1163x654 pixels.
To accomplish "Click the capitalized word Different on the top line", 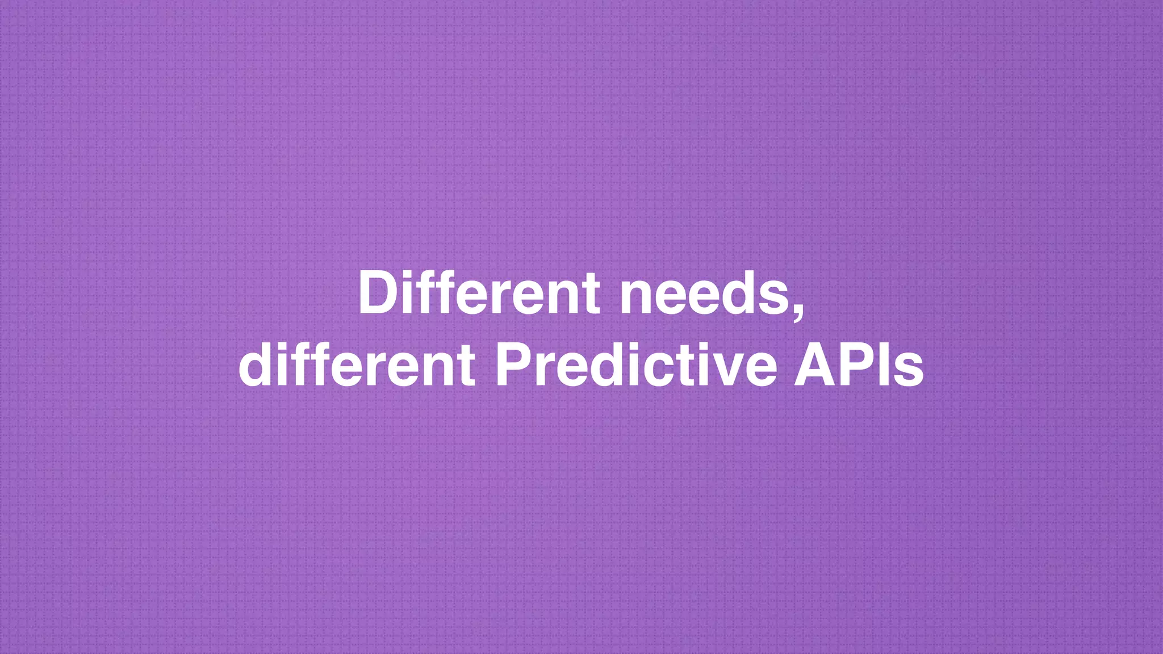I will [478, 294].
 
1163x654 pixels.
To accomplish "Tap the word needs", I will [704, 294].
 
